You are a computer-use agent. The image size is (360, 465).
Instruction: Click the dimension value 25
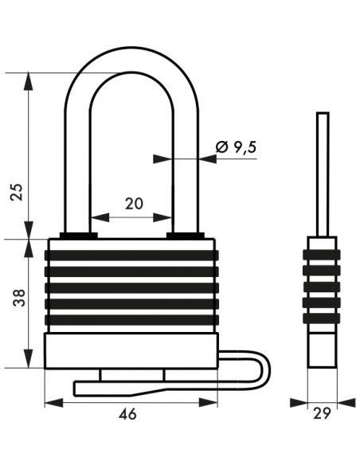[x=18, y=192]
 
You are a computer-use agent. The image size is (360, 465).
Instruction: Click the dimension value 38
[x=20, y=298]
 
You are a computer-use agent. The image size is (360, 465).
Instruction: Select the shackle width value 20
[x=134, y=204]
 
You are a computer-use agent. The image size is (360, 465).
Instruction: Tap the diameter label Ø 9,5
[x=236, y=147]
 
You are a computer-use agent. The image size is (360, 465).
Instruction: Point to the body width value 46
[x=127, y=414]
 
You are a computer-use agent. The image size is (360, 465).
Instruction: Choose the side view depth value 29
[x=322, y=413]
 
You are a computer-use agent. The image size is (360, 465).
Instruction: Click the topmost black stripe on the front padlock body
[x=131, y=255]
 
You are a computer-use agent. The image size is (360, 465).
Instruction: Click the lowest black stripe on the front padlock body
[x=131, y=319]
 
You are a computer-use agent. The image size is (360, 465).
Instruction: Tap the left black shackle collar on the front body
[x=79, y=236]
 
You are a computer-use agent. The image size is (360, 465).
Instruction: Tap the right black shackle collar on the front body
[x=186, y=236]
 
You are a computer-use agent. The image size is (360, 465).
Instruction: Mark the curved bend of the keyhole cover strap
[x=264, y=366]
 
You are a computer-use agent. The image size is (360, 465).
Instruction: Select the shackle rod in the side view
[x=323, y=174]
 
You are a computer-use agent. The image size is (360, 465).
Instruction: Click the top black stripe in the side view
[x=322, y=255]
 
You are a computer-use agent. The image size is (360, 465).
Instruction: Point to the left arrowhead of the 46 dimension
[x=53, y=403]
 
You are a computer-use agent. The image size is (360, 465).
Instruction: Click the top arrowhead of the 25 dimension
[x=29, y=81]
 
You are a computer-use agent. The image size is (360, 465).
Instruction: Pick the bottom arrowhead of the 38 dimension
[x=29, y=359]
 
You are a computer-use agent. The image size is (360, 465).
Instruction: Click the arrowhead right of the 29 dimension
[x=346, y=402]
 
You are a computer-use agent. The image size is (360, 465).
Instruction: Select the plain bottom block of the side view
[x=323, y=350]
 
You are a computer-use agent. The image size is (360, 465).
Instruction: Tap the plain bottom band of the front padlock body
[x=131, y=351]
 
